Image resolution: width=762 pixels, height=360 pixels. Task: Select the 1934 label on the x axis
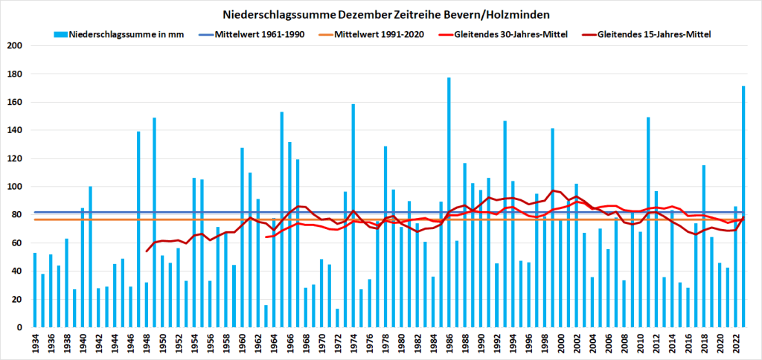click(35, 343)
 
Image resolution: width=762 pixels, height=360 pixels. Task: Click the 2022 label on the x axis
click(735, 343)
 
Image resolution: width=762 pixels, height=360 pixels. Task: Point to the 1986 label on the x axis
click(449, 343)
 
